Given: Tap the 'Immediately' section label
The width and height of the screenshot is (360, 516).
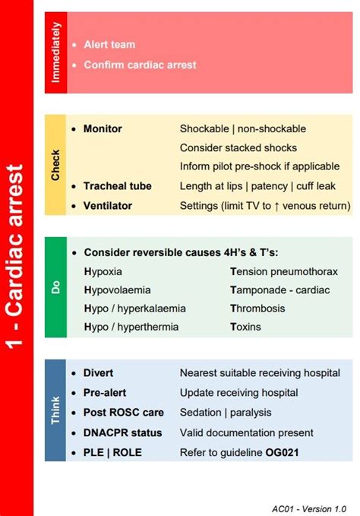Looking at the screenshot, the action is [55, 52].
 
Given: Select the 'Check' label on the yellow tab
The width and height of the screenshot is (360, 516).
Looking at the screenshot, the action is [55, 165].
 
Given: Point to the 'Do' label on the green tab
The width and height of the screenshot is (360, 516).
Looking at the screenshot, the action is [55, 287].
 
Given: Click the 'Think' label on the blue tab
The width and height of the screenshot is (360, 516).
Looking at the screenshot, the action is [55, 410].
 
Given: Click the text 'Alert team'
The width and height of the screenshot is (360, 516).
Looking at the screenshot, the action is [109, 45].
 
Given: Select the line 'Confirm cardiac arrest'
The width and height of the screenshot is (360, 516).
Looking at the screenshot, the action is [140, 65].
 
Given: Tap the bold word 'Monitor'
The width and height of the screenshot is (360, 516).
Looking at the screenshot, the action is [103, 129].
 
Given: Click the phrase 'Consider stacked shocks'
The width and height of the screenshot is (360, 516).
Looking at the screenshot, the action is [238, 147].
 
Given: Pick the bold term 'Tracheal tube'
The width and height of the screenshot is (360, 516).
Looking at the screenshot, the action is [117, 186].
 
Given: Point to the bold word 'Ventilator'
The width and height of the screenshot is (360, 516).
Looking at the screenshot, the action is [107, 205].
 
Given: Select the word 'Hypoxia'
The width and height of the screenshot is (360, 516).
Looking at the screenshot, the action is [103, 271].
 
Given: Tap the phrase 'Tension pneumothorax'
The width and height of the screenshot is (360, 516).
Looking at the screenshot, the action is [284, 271].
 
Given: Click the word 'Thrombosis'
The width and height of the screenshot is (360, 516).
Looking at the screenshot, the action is [257, 309].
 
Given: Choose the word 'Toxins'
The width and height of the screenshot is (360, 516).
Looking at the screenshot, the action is [245, 327].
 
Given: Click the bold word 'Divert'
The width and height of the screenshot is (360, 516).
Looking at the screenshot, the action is [98, 373].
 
